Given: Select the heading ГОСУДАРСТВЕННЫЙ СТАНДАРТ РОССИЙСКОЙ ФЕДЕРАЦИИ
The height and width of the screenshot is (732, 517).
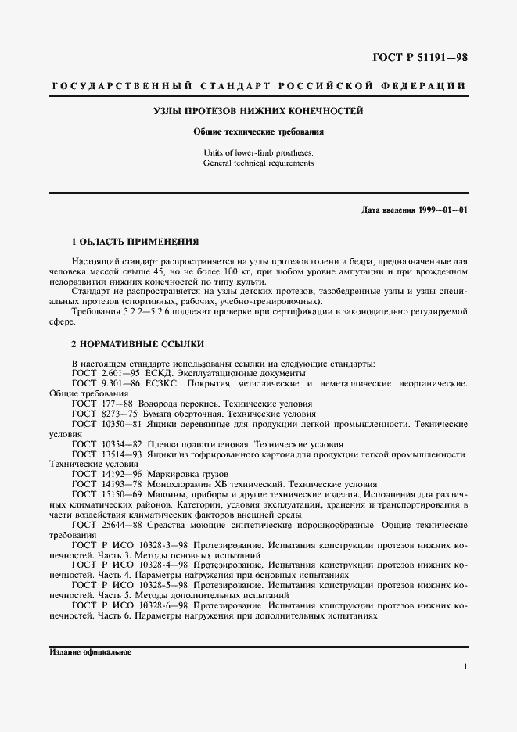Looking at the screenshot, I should click(x=258, y=84).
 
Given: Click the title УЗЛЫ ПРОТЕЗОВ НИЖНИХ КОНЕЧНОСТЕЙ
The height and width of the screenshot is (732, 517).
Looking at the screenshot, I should click(x=258, y=112).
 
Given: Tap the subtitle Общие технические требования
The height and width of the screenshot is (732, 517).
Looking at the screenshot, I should click(x=258, y=132).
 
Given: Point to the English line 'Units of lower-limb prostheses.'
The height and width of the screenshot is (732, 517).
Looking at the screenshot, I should click(x=258, y=152).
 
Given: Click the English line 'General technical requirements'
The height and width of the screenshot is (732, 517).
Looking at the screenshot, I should click(x=258, y=163).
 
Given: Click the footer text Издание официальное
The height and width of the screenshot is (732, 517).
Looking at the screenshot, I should click(x=90, y=651).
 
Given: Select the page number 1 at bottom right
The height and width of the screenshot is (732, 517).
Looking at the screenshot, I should click(x=465, y=667).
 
